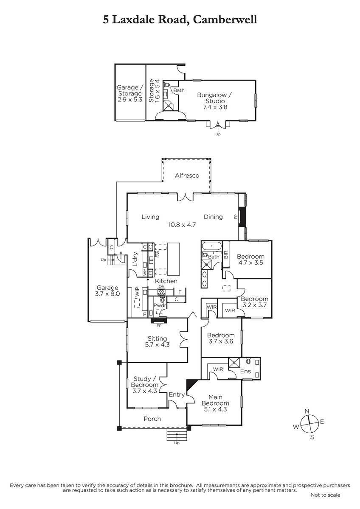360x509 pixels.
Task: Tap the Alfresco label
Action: (x=187, y=175)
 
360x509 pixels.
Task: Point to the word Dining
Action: (x=213, y=217)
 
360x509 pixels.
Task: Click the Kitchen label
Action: (x=166, y=281)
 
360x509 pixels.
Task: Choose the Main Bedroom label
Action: (x=215, y=400)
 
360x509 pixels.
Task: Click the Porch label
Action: (x=152, y=419)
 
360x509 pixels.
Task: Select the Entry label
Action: (x=177, y=394)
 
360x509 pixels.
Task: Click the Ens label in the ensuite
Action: (x=245, y=372)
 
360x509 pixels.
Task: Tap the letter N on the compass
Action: (x=307, y=411)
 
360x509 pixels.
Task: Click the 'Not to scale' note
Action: (x=325, y=495)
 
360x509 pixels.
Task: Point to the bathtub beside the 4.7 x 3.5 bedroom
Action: (x=211, y=246)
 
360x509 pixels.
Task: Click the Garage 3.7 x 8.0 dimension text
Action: (x=107, y=293)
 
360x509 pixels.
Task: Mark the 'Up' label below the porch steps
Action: (x=177, y=443)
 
